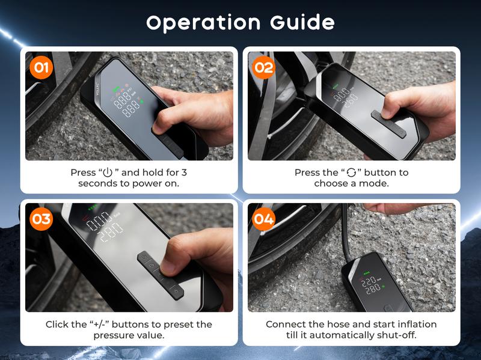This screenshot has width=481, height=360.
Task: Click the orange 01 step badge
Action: [41, 67]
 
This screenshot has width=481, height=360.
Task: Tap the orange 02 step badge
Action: [263, 67]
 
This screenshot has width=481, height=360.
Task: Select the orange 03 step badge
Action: [41, 219]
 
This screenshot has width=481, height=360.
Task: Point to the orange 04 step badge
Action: [263, 219]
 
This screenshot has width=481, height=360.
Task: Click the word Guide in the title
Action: [302, 22]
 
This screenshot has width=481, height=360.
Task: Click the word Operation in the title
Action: [203, 23]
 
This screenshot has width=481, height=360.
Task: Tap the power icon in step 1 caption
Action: [108, 172]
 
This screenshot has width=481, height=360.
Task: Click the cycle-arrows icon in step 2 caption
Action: [351, 172]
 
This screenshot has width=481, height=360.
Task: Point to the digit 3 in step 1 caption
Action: [184, 172]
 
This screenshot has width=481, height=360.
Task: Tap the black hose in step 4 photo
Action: [346, 233]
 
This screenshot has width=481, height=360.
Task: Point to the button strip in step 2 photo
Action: [388, 124]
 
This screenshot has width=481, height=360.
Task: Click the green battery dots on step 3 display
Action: [93, 207]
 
